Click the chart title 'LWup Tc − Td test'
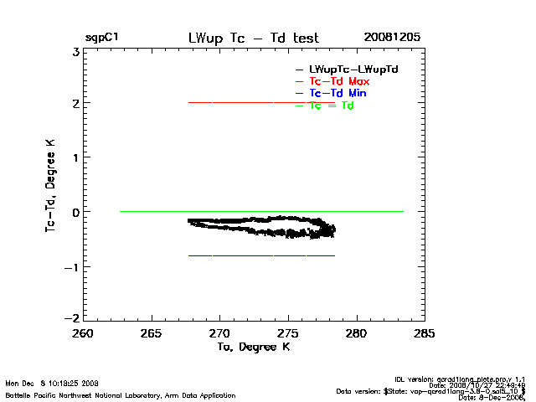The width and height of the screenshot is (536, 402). click(253, 39)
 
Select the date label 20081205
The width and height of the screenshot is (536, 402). click(392, 39)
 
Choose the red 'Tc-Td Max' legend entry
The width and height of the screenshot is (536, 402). click(339, 80)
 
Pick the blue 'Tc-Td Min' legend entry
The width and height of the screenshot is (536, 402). click(338, 93)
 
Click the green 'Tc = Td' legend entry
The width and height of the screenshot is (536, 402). click(332, 106)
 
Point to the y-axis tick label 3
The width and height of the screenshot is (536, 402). click(75, 51)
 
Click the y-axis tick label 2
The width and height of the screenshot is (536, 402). click(75, 105)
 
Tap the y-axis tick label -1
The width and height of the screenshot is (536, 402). click(73, 267)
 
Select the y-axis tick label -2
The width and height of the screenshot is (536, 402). click(73, 320)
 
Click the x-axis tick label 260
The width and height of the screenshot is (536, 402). click(83, 333)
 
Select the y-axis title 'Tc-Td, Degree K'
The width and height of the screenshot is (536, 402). click(52, 186)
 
